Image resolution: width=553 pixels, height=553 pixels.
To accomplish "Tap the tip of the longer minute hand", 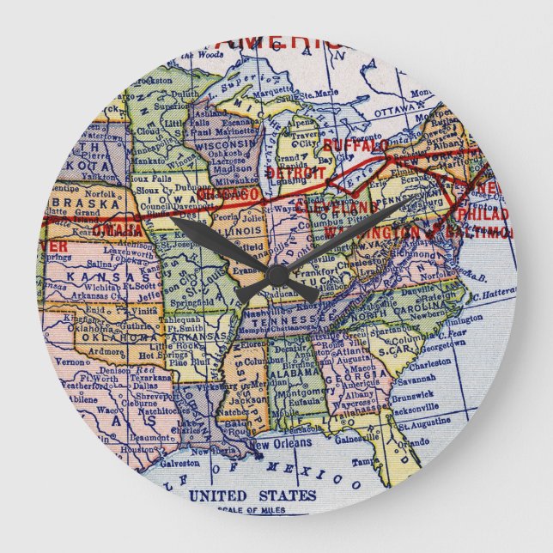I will point(173,220).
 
